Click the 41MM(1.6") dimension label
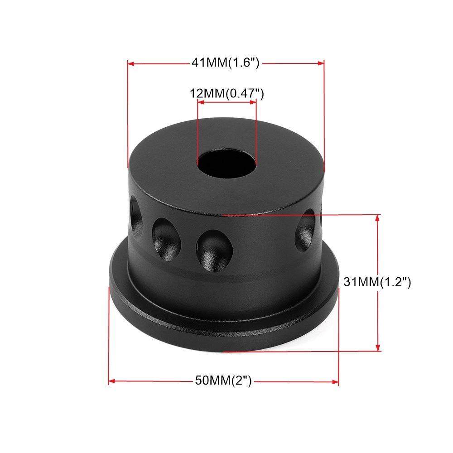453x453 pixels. pos(225,63)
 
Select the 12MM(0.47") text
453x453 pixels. pos(226,94)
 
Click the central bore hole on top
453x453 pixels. pos(226,164)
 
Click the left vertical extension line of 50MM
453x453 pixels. pos(109,335)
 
